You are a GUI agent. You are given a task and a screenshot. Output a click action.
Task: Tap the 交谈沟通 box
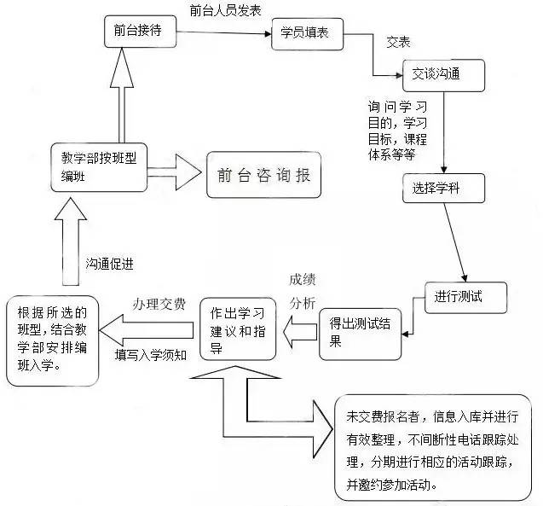442,75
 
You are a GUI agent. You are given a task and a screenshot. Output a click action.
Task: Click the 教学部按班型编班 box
98,166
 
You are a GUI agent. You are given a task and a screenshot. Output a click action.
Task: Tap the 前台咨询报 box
263,175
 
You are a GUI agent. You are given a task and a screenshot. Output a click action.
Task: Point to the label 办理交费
159,305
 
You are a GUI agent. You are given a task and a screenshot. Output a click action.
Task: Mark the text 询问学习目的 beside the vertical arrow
397,125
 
